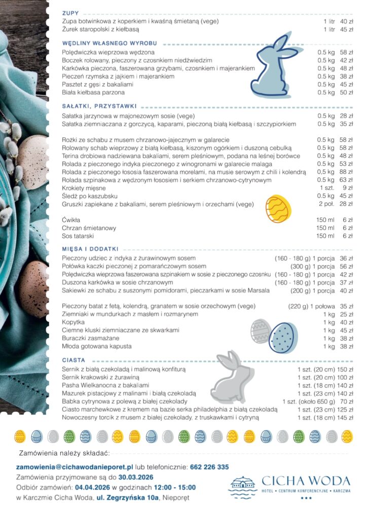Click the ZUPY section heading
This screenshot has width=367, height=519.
pos(70,13)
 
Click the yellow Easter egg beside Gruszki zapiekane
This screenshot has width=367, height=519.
pos(279,208)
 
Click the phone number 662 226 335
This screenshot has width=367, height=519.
pos(210,467)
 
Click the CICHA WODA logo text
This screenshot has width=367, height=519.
pos(306,480)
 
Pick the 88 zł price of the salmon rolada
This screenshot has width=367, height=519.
pos(346,172)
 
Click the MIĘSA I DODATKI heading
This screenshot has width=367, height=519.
pos(90,249)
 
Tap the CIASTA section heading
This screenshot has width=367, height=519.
pos(74,360)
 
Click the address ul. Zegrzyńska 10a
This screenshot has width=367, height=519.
pos(128,498)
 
